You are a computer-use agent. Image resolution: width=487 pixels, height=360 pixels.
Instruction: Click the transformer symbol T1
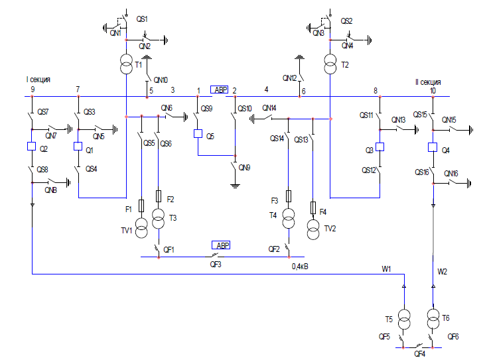pos(126,64)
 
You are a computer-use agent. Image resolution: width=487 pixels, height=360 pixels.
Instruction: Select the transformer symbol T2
pos(330,64)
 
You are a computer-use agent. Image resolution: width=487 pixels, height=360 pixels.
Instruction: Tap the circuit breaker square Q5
pos(198,134)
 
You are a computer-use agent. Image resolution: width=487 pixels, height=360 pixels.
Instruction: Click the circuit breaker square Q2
pos(32,146)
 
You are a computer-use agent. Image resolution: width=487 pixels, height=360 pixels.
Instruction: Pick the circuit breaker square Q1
pos(78,146)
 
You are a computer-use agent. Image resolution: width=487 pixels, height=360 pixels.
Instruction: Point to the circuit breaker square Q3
pos(380,147)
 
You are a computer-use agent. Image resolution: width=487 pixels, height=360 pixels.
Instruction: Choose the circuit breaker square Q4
pos(433,147)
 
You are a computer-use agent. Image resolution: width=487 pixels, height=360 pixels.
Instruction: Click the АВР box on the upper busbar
pos(219,90)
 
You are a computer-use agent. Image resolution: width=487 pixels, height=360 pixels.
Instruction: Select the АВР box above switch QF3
pos(221,245)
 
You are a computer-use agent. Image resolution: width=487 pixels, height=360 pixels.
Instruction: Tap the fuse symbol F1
pos(141,206)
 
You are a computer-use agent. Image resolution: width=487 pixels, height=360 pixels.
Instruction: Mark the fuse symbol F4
pos(313,208)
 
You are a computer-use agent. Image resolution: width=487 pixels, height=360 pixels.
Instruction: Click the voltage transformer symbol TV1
pos(141,228)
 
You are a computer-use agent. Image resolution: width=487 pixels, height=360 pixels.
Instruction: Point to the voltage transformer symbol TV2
pos(313,229)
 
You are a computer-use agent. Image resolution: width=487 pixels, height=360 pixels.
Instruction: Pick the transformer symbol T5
pos(404,320)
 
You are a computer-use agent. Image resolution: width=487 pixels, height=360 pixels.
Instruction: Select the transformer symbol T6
pos(433,319)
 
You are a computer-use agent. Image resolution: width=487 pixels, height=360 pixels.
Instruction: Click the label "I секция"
pos(38,80)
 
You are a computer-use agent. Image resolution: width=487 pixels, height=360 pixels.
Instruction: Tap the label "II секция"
pos(429,82)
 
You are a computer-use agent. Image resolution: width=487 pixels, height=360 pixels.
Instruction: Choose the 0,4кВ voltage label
pos(300,267)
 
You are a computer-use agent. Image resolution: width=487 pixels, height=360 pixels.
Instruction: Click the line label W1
pos(386,269)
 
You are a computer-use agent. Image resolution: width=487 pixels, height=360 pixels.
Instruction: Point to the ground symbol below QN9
pos(235,186)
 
